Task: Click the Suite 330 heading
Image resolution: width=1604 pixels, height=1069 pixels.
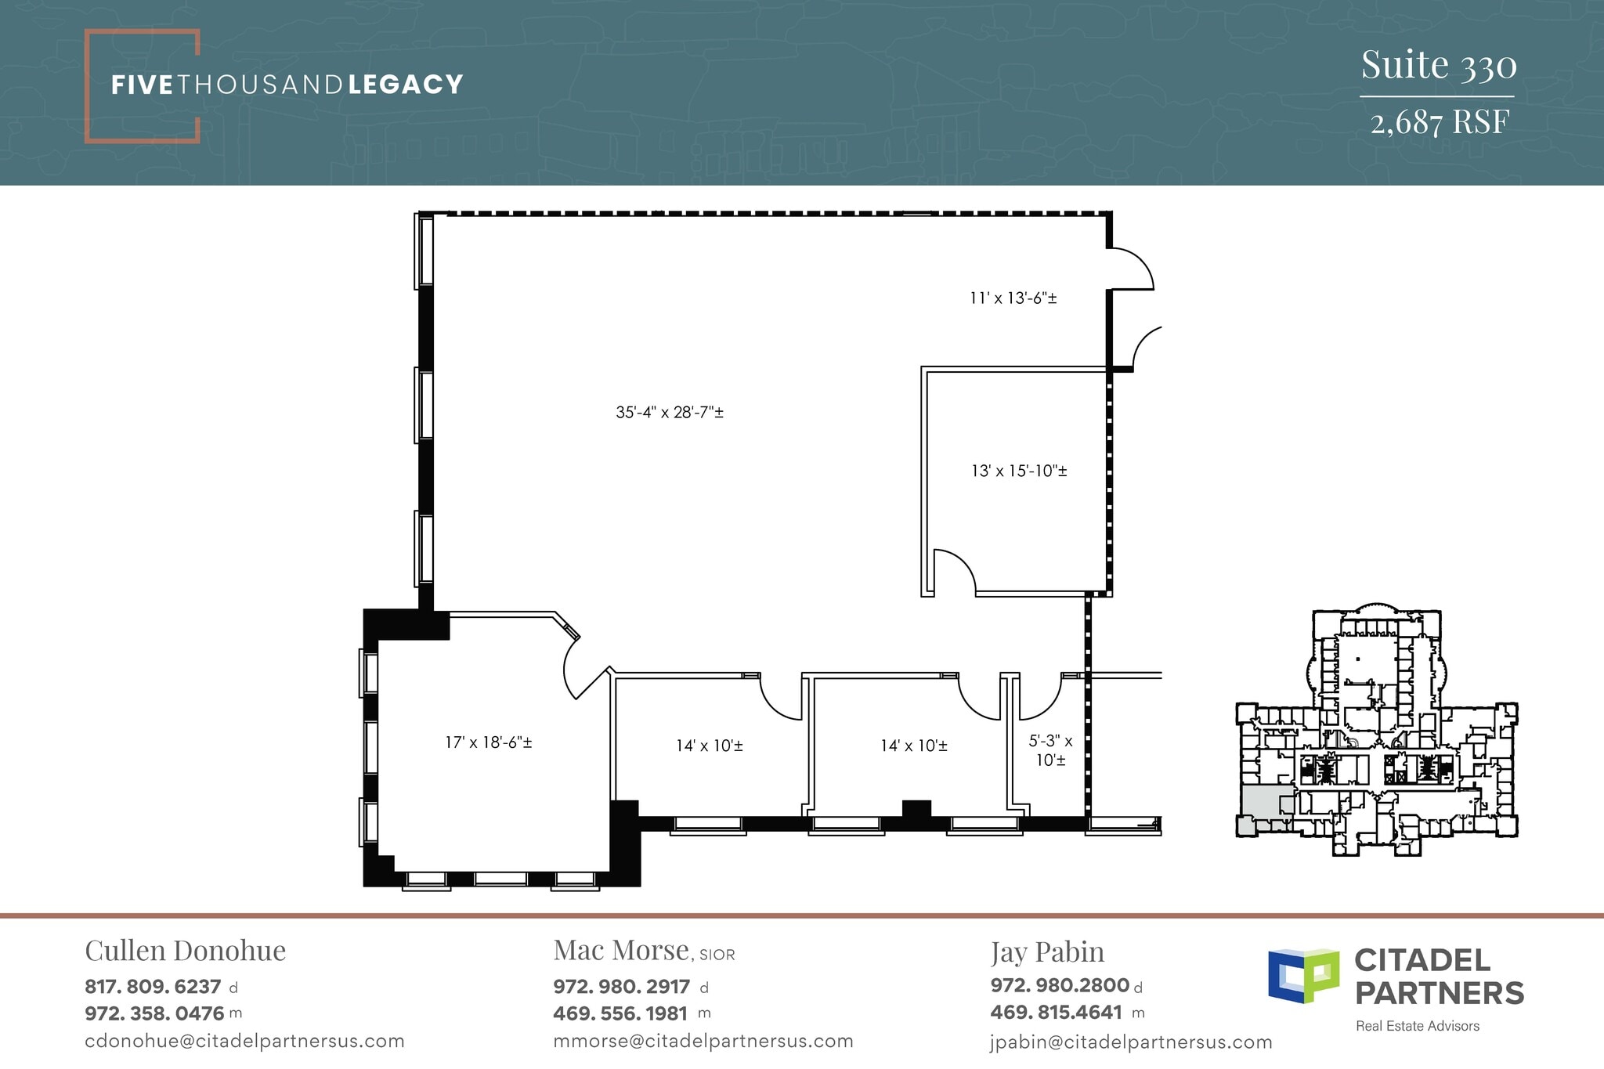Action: pyautogui.click(x=1438, y=65)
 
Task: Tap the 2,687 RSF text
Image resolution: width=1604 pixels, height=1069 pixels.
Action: pyautogui.click(x=1439, y=122)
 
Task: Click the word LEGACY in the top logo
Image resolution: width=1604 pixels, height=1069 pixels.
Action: pyautogui.click(x=406, y=85)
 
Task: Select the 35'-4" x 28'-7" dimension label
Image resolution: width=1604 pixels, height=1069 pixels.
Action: pyautogui.click(x=669, y=412)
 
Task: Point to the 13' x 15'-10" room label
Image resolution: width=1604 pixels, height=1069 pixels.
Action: pyautogui.click(x=1019, y=471)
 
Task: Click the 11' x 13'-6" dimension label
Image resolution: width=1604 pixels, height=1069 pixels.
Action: pyautogui.click(x=1013, y=298)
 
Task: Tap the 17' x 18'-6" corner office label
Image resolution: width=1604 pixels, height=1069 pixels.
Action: pyautogui.click(x=489, y=742)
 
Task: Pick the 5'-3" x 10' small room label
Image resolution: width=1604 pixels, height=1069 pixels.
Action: pyautogui.click(x=1050, y=749)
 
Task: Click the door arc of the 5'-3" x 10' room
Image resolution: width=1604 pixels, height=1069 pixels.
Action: pyautogui.click(x=1038, y=699)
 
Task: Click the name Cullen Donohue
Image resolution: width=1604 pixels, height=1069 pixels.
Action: pyautogui.click(x=185, y=951)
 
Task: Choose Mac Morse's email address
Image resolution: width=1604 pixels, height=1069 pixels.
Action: pyautogui.click(x=703, y=1041)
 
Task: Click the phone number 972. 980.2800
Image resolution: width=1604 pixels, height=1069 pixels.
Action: pyautogui.click(x=1060, y=985)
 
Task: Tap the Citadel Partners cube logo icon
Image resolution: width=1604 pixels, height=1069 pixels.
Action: pyautogui.click(x=1303, y=976)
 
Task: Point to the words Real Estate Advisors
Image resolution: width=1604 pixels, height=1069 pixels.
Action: pyautogui.click(x=1418, y=1026)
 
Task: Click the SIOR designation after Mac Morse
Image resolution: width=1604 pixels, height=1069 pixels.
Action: pyautogui.click(x=717, y=955)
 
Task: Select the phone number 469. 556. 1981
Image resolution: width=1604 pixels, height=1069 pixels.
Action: pyautogui.click(x=620, y=1013)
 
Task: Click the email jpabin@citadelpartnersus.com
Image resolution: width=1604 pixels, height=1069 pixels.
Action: pyautogui.click(x=1131, y=1042)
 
